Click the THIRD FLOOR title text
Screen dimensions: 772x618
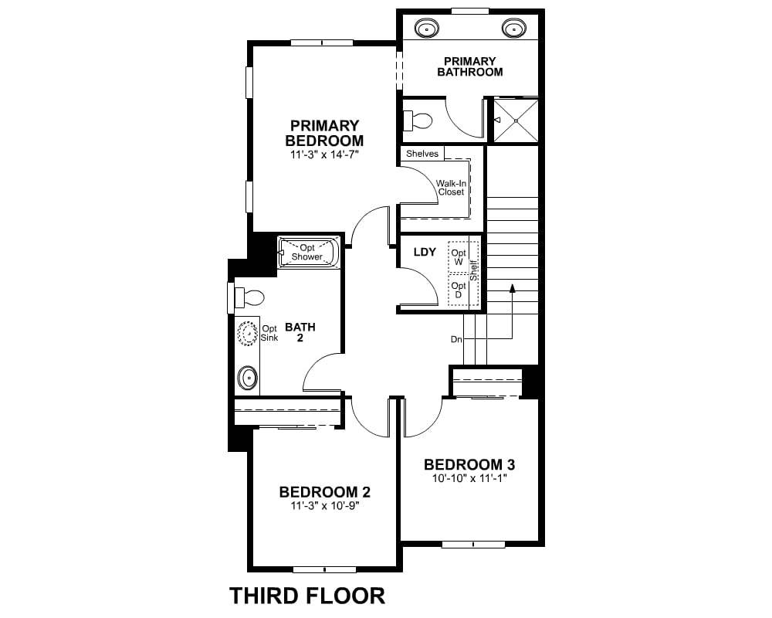coord(307,596)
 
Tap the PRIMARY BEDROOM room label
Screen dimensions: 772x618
coord(324,133)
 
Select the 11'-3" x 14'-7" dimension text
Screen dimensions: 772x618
coord(324,154)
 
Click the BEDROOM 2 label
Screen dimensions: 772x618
coord(324,492)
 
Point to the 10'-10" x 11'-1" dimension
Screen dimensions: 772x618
coord(469,478)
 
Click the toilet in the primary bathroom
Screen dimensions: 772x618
coord(418,121)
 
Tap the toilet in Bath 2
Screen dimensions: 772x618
coord(249,297)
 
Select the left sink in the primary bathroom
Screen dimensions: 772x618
coord(426,28)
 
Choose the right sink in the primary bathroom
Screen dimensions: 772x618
coord(514,28)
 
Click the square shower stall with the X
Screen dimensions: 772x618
coord(516,121)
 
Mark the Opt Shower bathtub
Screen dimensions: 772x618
coord(309,253)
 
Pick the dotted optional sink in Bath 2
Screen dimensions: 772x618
coord(248,333)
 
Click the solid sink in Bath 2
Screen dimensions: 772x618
coord(248,378)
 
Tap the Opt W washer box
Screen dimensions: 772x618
coord(459,257)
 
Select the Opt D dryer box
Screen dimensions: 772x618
coord(459,290)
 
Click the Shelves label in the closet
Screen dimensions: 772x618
coord(422,154)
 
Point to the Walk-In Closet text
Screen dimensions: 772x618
coord(451,188)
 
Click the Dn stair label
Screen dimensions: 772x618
coord(456,340)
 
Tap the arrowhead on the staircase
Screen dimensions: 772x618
coord(512,288)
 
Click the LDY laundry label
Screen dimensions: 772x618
coord(425,253)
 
